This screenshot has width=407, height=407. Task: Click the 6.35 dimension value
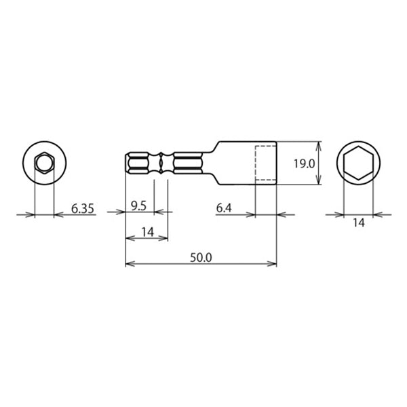(83, 209)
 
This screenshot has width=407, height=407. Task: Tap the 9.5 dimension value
(138, 206)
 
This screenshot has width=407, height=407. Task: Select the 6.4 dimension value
(224, 208)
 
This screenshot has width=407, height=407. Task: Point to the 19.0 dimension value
(304, 163)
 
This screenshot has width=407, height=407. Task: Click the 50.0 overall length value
(201, 258)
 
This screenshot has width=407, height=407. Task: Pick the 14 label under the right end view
(359, 222)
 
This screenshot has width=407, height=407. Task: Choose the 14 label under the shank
(148, 232)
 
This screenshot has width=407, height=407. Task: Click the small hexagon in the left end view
(44, 153)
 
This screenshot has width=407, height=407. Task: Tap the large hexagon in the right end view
(358, 147)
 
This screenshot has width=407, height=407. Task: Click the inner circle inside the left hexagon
(44, 156)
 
